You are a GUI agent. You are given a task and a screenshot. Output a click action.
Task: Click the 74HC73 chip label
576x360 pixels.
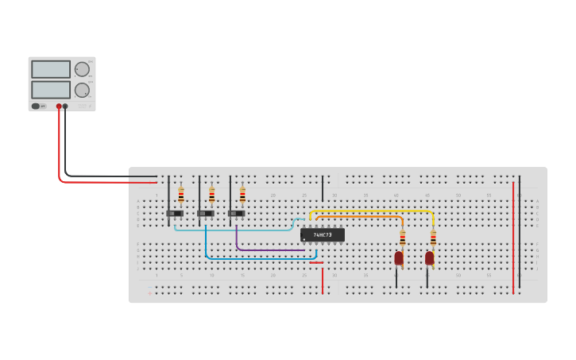[x=323, y=235]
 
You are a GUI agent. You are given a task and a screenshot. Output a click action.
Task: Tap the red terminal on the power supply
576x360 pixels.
[x=59, y=106]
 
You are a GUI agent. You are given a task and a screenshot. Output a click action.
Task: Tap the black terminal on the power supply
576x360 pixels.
[x=65, y=106]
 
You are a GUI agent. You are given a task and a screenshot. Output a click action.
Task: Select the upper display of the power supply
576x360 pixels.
[x=51, y=69]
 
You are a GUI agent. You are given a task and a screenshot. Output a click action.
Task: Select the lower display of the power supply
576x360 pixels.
[x=51, y=89]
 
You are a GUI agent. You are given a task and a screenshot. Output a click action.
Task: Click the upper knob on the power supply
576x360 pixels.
[x=82, y=69]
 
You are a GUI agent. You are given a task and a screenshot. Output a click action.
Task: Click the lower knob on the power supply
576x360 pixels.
[x=82, y=90]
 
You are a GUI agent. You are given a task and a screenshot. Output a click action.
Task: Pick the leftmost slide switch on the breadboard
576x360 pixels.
[x=175, y=213]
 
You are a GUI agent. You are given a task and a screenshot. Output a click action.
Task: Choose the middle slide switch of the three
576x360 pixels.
[x=206, y=213]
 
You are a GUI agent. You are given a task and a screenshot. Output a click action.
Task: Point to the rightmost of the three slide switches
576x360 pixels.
[x=236, y=213]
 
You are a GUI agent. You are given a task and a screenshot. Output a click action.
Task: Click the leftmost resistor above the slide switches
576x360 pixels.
[x=181, y=195]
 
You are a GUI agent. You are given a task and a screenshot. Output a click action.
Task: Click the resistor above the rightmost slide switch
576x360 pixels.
[x=242, y=195]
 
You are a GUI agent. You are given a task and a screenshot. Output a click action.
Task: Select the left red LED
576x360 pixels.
[x=399, y=257]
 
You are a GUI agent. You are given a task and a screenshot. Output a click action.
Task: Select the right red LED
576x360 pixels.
[x=430, y=257]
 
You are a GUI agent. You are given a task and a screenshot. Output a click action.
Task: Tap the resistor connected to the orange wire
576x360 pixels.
[x=402, y=237]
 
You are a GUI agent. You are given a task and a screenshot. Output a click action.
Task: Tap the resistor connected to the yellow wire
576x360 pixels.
[x=433, y=237]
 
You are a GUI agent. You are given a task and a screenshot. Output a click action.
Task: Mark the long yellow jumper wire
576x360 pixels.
[x=373, y=211]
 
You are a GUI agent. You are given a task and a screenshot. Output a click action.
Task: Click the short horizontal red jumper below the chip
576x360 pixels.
[x=316, y=262]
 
